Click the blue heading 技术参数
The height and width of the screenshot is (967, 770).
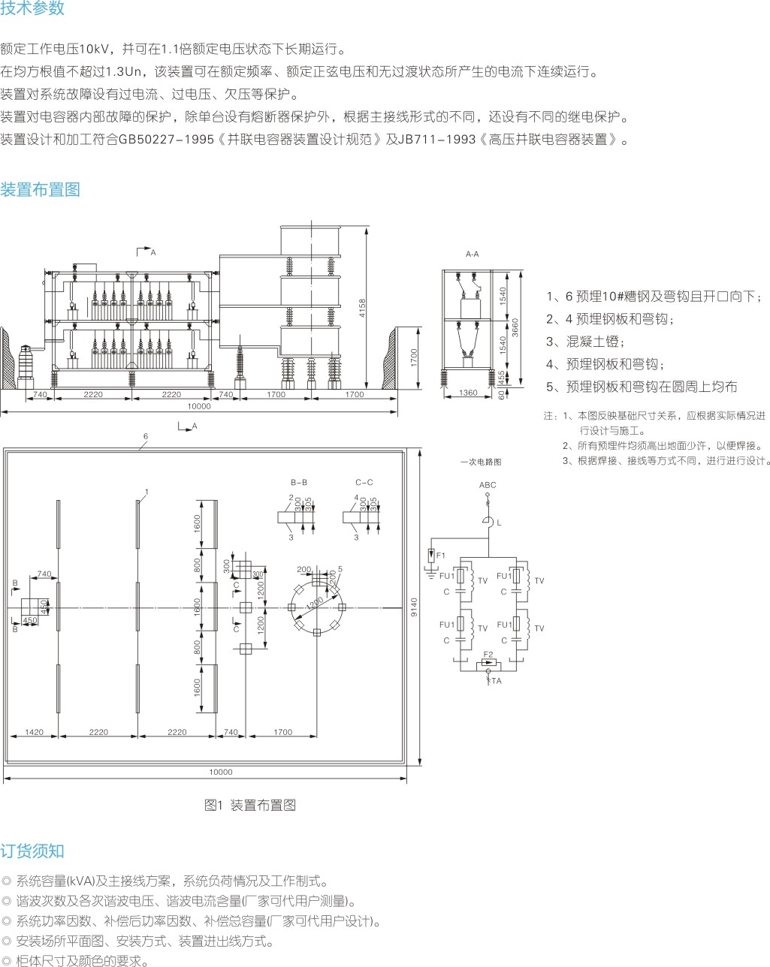pos(32,8)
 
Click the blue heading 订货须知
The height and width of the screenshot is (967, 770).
pos(32,851)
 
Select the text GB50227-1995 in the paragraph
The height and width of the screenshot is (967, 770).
pos(166,140)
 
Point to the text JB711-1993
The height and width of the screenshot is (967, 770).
pos(436,140)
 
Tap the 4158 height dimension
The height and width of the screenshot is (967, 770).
pos(362,308)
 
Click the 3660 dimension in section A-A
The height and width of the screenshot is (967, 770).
pos(515,326)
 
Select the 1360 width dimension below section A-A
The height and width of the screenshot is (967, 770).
pos(468,393)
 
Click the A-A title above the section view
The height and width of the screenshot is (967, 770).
pos(472,255)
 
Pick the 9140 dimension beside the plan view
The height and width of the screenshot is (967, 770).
pos(414,606)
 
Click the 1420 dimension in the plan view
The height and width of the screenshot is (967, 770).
pos(34,732)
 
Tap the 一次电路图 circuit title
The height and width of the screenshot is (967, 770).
pos(480,462)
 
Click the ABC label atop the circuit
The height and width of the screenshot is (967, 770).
pos(488,485)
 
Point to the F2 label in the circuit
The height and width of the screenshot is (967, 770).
pos(488,655)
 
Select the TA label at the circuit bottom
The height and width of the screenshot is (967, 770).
pos(496,681)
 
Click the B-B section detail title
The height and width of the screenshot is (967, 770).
pos(299,482)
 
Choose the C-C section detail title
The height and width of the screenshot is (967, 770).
pos(364,482)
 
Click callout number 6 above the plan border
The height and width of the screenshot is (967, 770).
pos(146,436)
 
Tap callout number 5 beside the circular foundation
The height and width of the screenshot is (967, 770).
pos(340,569)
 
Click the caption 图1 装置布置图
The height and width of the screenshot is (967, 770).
pos(250,805)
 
